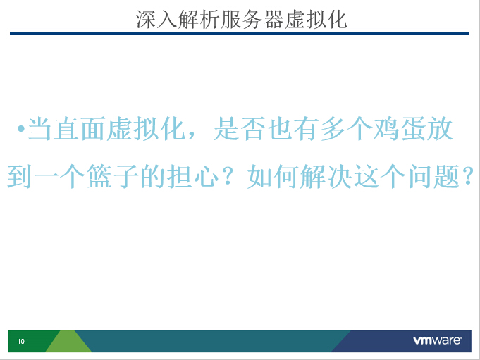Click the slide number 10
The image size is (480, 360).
(x=21, y=342)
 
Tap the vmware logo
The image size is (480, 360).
(x=438, y=340)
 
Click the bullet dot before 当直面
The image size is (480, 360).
(x=21, y=128)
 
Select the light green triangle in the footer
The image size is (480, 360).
(x=68, y=341)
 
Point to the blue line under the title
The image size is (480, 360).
(x=240, y=33)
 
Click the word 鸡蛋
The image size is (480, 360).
(x=387, y=129)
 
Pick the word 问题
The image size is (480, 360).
(x=434, y=177)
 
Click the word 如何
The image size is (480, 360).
(x=273, y=177)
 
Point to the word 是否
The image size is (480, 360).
(x=240, y=129)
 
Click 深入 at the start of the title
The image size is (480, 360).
(x=156, y=19)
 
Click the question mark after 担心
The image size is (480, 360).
(x=228, y=176)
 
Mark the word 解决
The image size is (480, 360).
(x=326, y=177)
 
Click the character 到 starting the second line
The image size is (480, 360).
(x=19, y=177)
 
